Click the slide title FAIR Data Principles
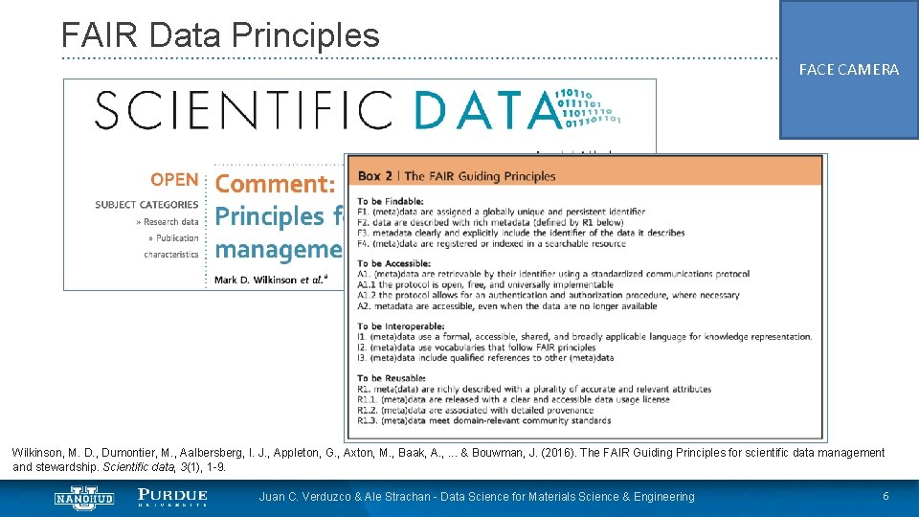[220, 35]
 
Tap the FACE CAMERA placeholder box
[849, 70]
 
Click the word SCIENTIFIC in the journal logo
[243, 109]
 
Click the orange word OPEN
[173, 180]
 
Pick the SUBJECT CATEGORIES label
[146, 204]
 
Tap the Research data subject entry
[169, 221]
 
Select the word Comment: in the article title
[276, 184]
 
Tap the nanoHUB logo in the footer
[84, 497]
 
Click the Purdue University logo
[172, 497]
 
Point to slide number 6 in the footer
[885, 496]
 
